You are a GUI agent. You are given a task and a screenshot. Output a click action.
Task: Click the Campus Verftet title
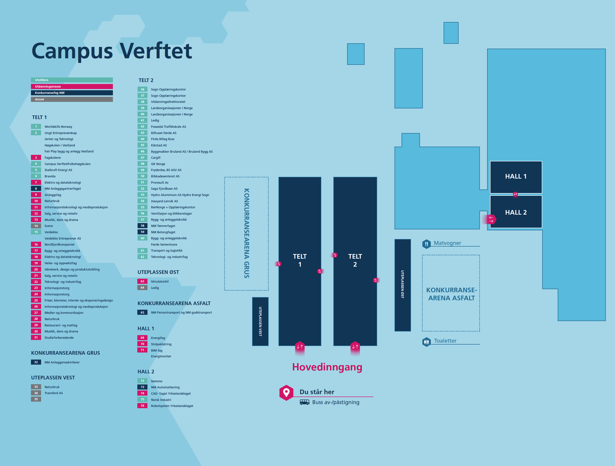coord(112,51)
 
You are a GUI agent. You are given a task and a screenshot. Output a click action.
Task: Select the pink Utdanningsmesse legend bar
coord(72,87)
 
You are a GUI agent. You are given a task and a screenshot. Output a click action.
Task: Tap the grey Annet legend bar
coord(72,99)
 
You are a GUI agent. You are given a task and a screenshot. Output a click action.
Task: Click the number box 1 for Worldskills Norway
coord(36,127)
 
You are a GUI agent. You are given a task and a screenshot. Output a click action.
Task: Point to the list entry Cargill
coord(155,158)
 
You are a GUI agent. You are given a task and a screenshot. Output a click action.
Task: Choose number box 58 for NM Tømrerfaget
coord(142,226)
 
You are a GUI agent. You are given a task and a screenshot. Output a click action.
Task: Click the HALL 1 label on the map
coord(516,176)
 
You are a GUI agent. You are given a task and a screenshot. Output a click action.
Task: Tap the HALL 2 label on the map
coord(516,212)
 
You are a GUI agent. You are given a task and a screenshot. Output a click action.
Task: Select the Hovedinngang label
coord(327,367)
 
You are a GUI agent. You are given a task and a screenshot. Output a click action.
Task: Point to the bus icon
coord(304,402)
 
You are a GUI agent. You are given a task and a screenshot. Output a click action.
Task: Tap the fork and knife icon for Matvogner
coord(426,244)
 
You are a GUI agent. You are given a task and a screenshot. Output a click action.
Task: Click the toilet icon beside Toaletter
coord(426,342)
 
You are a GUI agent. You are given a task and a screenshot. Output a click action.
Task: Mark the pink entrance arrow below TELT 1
coord(300,347)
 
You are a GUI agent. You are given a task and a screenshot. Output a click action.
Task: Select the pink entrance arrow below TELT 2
coord(355,347)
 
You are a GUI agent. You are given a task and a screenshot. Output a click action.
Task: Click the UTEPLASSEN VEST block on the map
coord(260,321)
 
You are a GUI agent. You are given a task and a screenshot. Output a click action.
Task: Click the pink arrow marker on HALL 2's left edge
coord(491,219)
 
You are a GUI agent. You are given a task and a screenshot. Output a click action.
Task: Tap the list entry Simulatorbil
coord(160,282)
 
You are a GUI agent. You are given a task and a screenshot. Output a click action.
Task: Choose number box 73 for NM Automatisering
coord(142,387)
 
